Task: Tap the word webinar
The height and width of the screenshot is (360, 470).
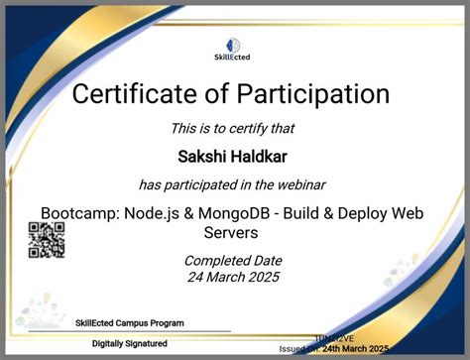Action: [x=299, y=184]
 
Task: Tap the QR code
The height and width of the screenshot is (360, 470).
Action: [x=46, y=240]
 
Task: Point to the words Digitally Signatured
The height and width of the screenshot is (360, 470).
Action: [x=128, y=343]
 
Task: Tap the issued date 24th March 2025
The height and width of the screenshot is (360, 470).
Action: [x=348, y=348]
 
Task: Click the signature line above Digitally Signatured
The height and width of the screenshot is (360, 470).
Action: [x=128, y=331]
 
